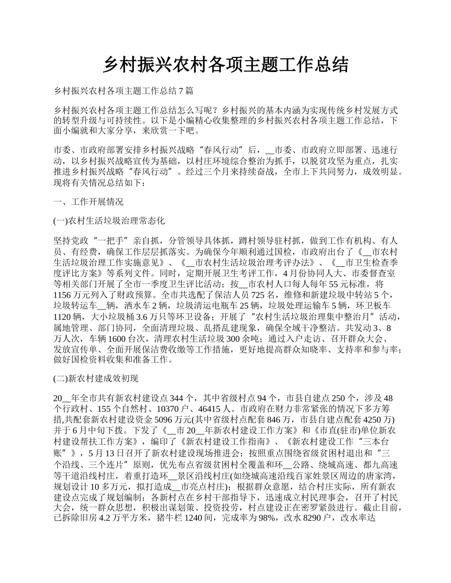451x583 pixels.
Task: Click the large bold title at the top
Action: pyautogui.click(x=225, y=64)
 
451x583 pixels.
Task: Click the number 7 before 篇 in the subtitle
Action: pyautogui.click(x=179, y=90)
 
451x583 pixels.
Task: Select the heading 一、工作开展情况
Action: pyautogui.click(x=89, y=202)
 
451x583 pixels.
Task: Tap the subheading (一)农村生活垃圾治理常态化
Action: pyautogui.click(x=110, y=221)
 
